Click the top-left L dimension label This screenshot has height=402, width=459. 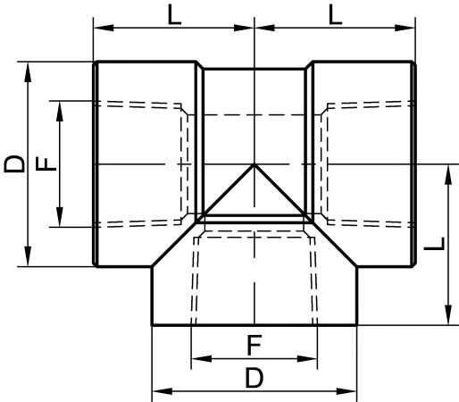pos(174,15)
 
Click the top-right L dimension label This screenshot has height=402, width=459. pos(336,15)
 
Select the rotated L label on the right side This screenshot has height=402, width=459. pos(434,244)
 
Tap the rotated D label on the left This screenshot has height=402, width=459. pos(14,164)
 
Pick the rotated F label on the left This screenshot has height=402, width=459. pos(46,164)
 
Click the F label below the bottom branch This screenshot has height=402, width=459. pos(254,345)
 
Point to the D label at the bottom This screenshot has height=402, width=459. pos(255,378)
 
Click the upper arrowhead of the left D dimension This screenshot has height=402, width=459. pos(28,72)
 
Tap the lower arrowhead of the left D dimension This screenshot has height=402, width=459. pos(28,256)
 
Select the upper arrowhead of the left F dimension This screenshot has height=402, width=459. pos(60,112)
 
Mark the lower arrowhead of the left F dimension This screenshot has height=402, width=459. pos(60,217)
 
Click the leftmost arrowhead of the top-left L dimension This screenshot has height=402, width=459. pos(104,28)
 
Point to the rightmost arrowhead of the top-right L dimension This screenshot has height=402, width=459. pos(405,28)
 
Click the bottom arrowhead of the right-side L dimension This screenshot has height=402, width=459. pos(448,314)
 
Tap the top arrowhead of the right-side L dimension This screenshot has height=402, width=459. pos(448,175)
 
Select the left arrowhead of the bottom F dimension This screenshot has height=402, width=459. pos(202,359)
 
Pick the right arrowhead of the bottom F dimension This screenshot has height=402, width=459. pos(307,359)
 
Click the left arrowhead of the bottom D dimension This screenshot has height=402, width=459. pos(163,391)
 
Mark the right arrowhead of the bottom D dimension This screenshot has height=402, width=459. pos(346,391)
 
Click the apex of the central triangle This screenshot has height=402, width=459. pos(254,164)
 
